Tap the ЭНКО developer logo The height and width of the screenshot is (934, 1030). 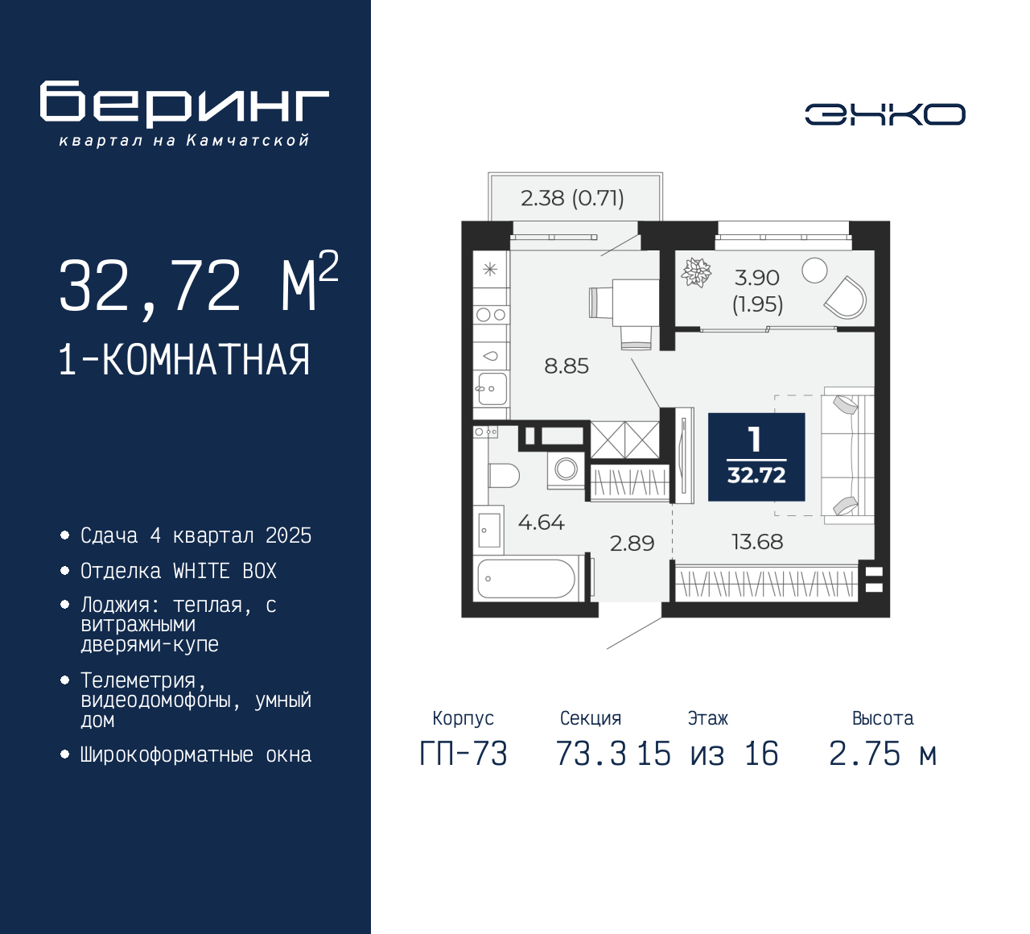(x=884, y=114)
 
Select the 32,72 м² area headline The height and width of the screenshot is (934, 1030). (x=197, y=285)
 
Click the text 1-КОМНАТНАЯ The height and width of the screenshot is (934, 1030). (x=184, y=360)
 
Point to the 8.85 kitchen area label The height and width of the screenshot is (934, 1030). (x=566, y=366)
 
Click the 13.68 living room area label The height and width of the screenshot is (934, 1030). (x=756, y=542)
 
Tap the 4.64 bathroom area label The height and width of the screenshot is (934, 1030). (x=541, y=523)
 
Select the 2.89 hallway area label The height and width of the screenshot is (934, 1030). (x=632, y=543)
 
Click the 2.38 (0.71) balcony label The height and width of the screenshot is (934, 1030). (x=572, y=198)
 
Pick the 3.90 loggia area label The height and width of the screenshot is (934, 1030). (x=757, y=279)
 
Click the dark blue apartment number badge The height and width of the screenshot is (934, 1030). (x=756, y=457)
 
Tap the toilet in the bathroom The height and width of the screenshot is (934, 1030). (x=503, y=475)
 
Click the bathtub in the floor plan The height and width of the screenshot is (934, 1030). (x=526, y=578)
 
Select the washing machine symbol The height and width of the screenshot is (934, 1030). (x=566, y=469)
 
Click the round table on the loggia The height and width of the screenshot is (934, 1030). (x=814, y=271)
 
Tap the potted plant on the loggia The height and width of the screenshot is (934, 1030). (x=696, y=272)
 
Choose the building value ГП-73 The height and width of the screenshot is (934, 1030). (x=463, y=754)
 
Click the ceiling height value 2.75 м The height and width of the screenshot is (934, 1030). (x=883, y=754)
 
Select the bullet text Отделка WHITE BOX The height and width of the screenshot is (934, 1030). (x=179, y=571)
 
